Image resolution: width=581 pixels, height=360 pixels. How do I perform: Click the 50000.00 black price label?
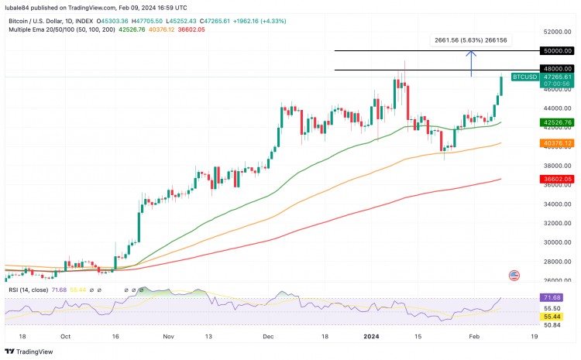click(556, 50)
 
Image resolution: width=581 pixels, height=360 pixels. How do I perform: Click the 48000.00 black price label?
click(556, 70)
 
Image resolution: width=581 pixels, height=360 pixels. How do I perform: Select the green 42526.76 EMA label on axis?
click(556, 122)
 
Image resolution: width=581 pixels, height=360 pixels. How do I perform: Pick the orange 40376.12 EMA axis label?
click(556, 143)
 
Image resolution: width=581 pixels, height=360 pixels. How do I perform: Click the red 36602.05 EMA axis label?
click(556, 179)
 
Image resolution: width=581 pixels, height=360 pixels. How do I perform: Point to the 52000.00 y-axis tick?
click(556, 32)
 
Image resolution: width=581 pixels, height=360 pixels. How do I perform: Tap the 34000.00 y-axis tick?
click(556, 204)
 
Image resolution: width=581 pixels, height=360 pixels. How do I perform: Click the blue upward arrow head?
click(471, 53)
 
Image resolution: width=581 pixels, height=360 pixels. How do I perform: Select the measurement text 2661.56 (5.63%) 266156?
click(470, 39)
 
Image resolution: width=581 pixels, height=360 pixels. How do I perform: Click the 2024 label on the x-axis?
click(371, 337)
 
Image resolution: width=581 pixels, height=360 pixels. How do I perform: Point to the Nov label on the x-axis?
click(170, 337)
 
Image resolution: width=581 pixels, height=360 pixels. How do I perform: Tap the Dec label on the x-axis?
click(268, 337)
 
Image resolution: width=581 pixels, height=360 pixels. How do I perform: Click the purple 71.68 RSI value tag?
click(556, 297)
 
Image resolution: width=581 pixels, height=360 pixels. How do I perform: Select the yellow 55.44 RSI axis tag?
click(556, 317)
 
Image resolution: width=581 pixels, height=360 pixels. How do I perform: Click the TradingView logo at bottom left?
click(31, 351)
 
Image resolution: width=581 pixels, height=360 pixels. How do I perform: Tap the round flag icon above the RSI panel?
click(514, 276)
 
